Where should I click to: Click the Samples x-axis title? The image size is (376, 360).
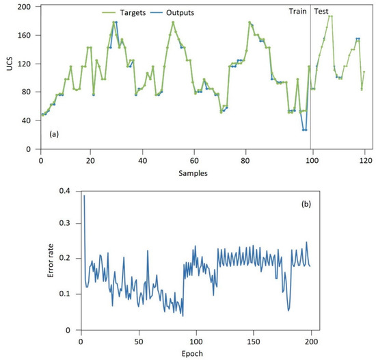point(193,173)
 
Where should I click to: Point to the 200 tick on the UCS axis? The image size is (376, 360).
point(25,7)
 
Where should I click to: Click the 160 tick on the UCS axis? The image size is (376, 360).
point(25,36)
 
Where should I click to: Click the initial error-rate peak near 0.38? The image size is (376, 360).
point(84,196)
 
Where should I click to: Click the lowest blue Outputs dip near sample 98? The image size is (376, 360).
point(304,129)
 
